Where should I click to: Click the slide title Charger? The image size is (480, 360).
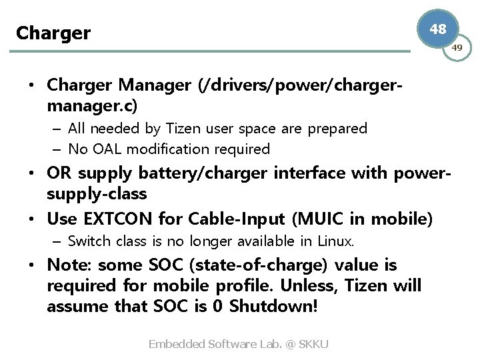(x=53, y=33)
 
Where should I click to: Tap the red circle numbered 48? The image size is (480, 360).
(x=438, y=29)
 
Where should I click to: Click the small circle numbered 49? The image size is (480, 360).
(x=457, y=48)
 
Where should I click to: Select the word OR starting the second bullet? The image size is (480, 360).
(x=58, y=173)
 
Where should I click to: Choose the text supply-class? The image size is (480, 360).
(x=97, y=194)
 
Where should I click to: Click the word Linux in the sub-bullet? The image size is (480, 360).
(x=337, y=240)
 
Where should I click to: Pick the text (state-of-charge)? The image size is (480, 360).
(x=259, y=265)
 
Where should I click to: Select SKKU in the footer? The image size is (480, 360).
(x=314, y=344)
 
